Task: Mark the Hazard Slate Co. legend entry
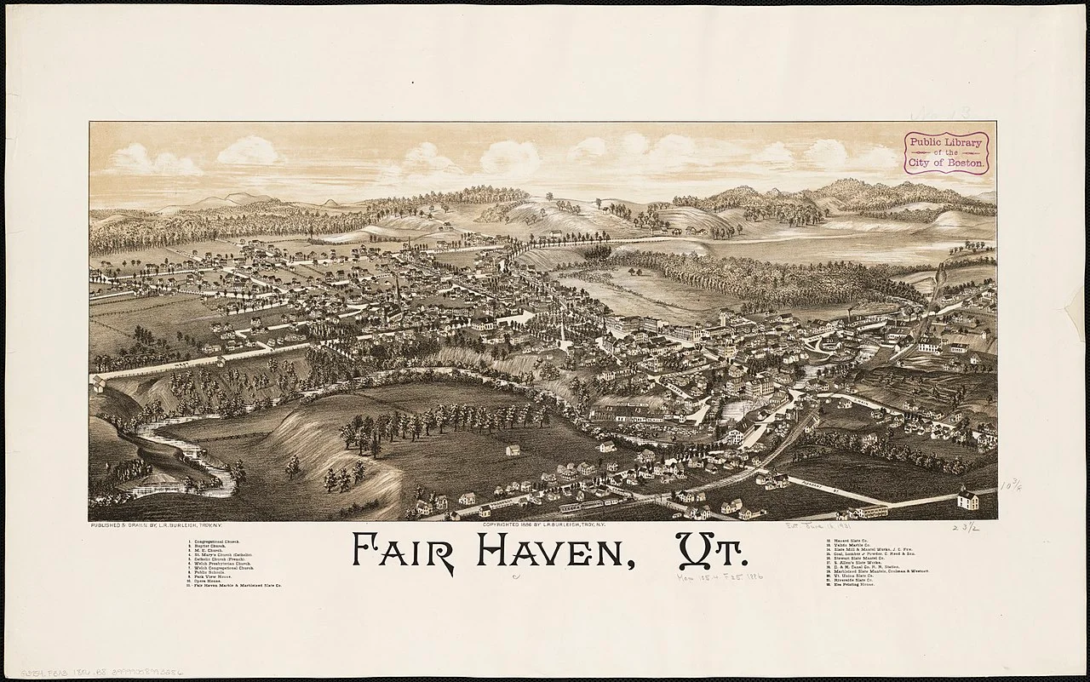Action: tap(851, 542)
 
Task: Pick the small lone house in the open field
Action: tap(513, 450)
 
